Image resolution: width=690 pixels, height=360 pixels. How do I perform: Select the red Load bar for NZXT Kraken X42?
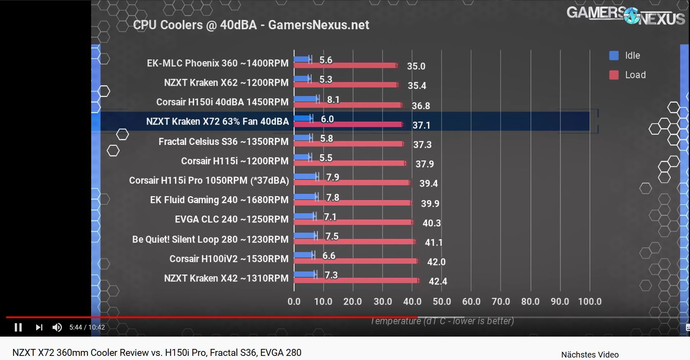(x=356, y=280)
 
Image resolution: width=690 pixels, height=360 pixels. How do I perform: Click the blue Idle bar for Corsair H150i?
(x=306, y=99)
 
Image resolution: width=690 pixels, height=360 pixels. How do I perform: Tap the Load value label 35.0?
(x=416, y=66)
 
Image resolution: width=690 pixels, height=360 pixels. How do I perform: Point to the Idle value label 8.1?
(x=333, y=100)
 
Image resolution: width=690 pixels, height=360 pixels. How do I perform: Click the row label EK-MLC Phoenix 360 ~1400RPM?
(x=218, y=63)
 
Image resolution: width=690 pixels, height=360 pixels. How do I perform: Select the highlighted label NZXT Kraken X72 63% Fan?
(x=217, y=122)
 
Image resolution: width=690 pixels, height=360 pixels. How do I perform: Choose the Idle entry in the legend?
(x=632, y=55)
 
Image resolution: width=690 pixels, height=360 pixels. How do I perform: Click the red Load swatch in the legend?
(x=614, y=75)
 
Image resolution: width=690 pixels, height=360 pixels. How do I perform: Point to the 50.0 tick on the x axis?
(x=442, y=302)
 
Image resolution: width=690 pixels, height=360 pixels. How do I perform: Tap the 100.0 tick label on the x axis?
(x=590, y=302)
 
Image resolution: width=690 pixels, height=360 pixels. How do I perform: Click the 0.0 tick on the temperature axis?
(x=294, y=302)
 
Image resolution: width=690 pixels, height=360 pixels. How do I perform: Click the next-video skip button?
(x=39, y=327)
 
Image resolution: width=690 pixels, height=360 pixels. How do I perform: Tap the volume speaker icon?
(x=57, y=327)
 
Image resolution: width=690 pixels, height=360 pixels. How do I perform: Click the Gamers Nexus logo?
(x=626, y=16)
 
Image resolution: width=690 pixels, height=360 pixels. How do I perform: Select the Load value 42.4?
(x=438, y=281)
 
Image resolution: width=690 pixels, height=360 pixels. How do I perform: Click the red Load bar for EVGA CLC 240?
(x=353, y=222)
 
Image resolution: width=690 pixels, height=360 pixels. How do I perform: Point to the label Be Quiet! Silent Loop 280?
(x=210, y=239)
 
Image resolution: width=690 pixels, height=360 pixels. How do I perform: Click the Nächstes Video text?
(x=590, y=355)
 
